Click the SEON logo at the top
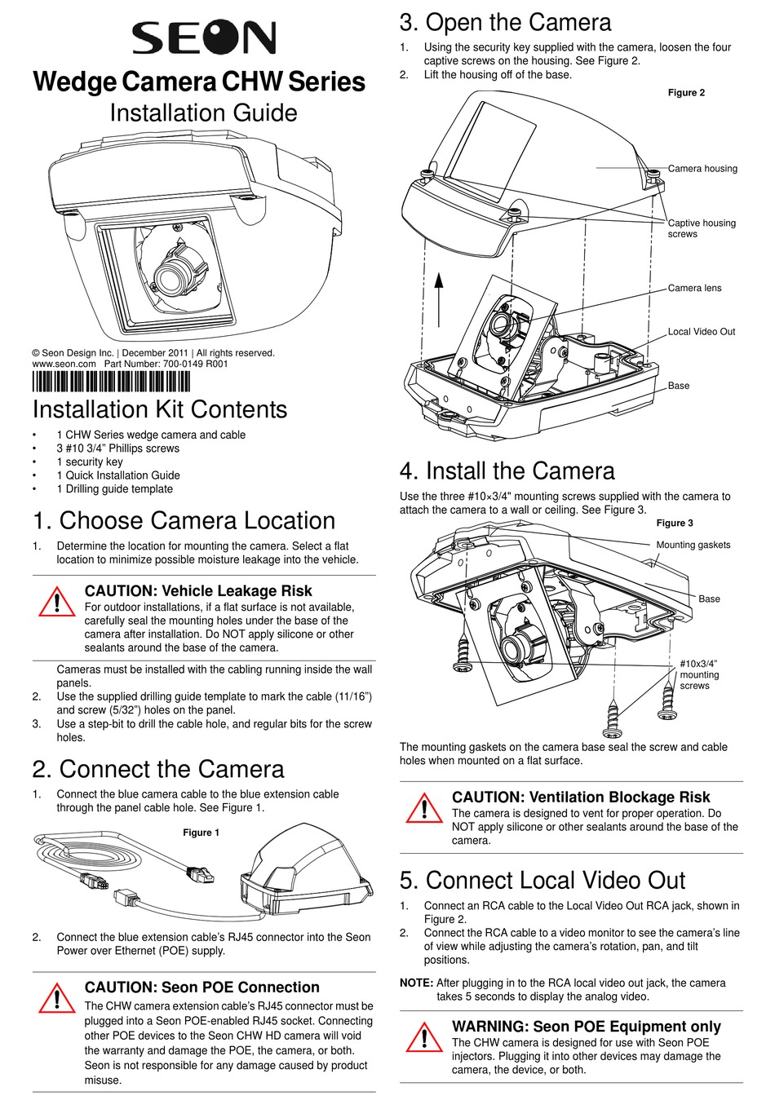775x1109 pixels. point(204,38)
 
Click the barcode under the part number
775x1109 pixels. point(111,382)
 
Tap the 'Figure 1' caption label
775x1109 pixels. point(201,833)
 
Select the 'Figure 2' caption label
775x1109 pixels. point(686,93)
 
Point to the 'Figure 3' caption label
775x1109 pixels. point(675,524)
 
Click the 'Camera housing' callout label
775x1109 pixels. point(702,169)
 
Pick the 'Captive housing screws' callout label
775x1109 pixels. point(701,228)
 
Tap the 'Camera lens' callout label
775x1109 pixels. point(694,288)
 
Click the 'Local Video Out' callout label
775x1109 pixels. point(701,332)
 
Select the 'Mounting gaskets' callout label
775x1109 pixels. point(693,545)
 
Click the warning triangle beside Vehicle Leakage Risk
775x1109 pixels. point(55,601)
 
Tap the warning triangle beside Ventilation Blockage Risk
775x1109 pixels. point(423,807)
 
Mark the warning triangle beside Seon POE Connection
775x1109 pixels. point(55,998)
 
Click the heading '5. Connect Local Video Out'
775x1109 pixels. point(542,881)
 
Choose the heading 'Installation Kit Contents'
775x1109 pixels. point(160,409)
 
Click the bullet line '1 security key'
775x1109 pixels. point(90,462)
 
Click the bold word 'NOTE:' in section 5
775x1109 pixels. point(416,983)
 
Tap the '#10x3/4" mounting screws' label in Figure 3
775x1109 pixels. point(699,674)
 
